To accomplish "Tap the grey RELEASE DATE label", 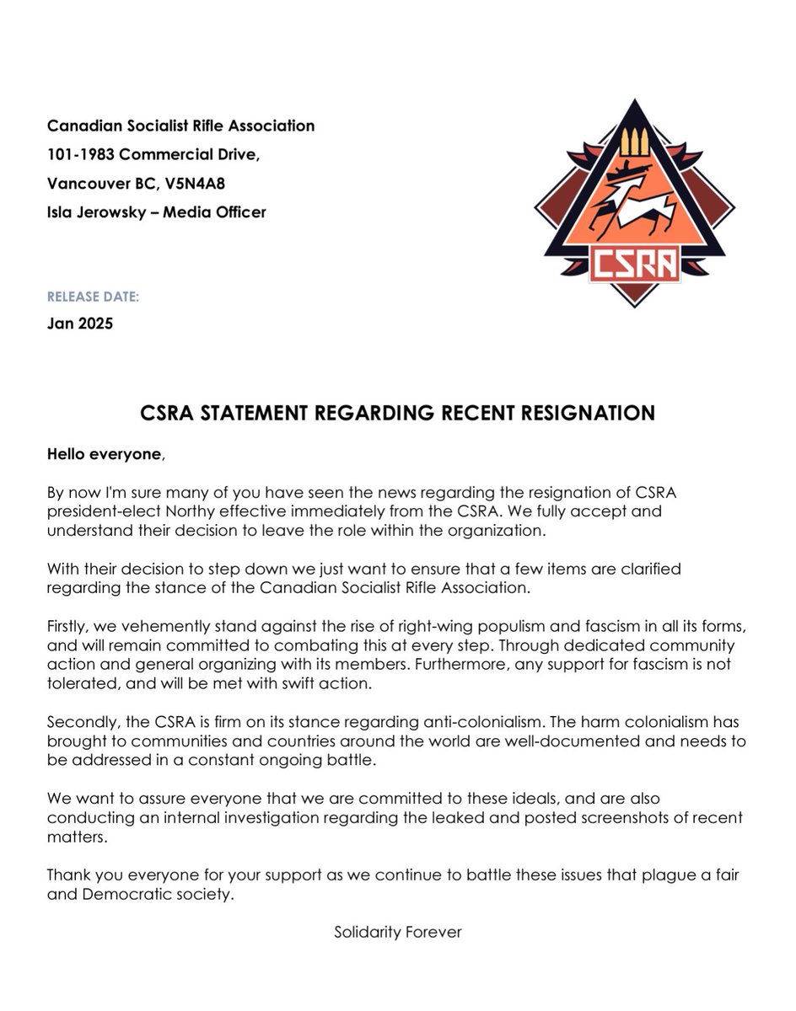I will (94, 297).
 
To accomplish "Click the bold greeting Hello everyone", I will (103, 454).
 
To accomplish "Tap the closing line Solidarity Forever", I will (398, 933).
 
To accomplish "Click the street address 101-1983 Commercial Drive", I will (159, 155).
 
